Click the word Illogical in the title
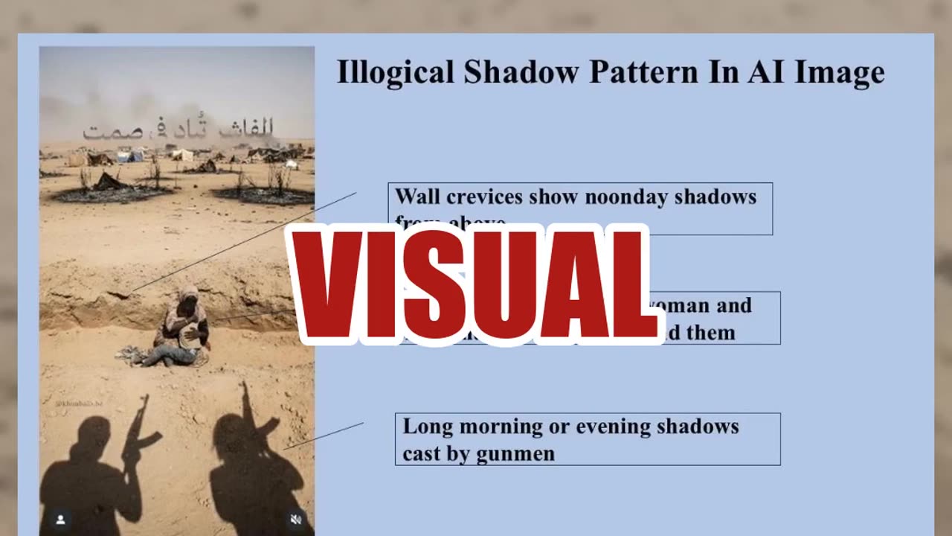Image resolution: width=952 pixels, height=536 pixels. click(x=395, y=72)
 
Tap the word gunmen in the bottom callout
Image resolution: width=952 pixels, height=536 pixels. click(x=515, y=453)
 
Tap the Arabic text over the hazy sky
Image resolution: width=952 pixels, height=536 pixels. click(x=178, y=130)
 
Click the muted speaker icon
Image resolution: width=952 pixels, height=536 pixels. click(x=295, y=520)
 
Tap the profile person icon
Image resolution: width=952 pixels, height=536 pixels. click(x=60, y=520)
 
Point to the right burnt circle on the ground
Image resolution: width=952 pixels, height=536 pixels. click(x=264, y=195)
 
